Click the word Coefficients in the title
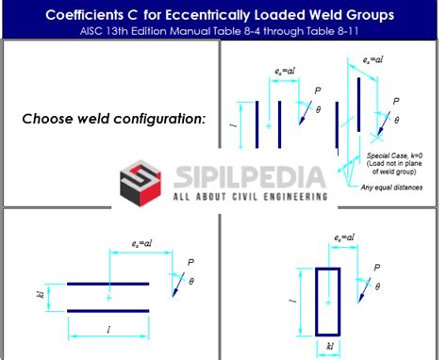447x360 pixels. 91,15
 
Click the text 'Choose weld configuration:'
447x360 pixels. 114,119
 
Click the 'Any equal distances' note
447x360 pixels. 391,187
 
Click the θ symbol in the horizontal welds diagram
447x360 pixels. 190,281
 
